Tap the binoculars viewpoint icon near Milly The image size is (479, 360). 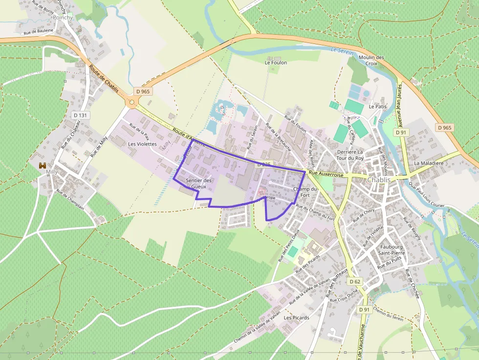pyautogui.click(x=42, y=166)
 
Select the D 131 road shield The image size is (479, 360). pyautogui.click(x=81, y=115)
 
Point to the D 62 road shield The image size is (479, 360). pyautogui.click(x=355, y=282)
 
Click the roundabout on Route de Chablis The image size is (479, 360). pyautogui.click(x=131, y=102)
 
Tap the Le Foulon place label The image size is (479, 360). pyautogui.click(x=276, y=63)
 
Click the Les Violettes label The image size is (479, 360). pyautogui.click(x=142, y=144)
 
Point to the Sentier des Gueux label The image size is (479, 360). pyautogui.click(x=198, y=184)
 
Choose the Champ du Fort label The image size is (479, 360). pyautogui.click(x=305, y=192)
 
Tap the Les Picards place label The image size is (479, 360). pyautogui.click(x=296, y=318)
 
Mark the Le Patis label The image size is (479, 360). pyautogui.click(x=377, y=106)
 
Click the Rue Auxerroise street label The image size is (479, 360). pyautogui.click(x=326, y=173)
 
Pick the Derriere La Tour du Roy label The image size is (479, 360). pyautogui.click(x=350, y=155)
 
